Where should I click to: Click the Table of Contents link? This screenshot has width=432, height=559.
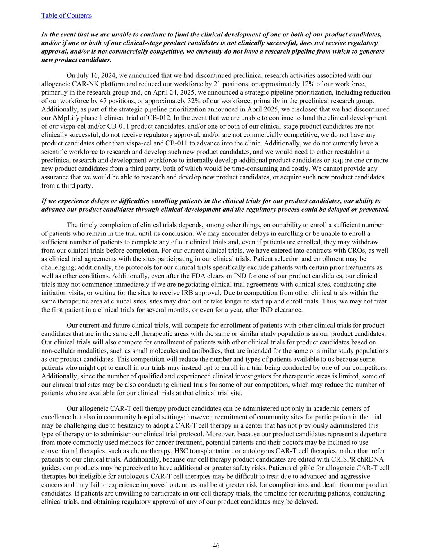pos(66,16)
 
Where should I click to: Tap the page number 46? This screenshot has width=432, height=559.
pos(216,545)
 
